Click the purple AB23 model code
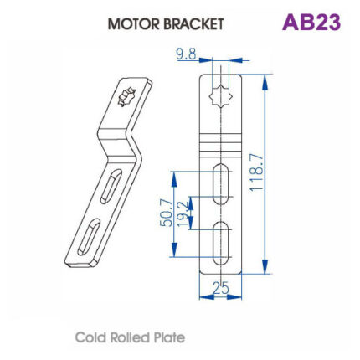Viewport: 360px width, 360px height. coord(311,22)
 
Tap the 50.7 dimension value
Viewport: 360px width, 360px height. coord(166,213)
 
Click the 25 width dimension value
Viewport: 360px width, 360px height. coord(220,289)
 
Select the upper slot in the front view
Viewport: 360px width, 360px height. coord(220,180)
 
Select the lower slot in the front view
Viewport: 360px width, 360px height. coord(220,243)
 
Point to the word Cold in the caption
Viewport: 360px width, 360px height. coord(90,337)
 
